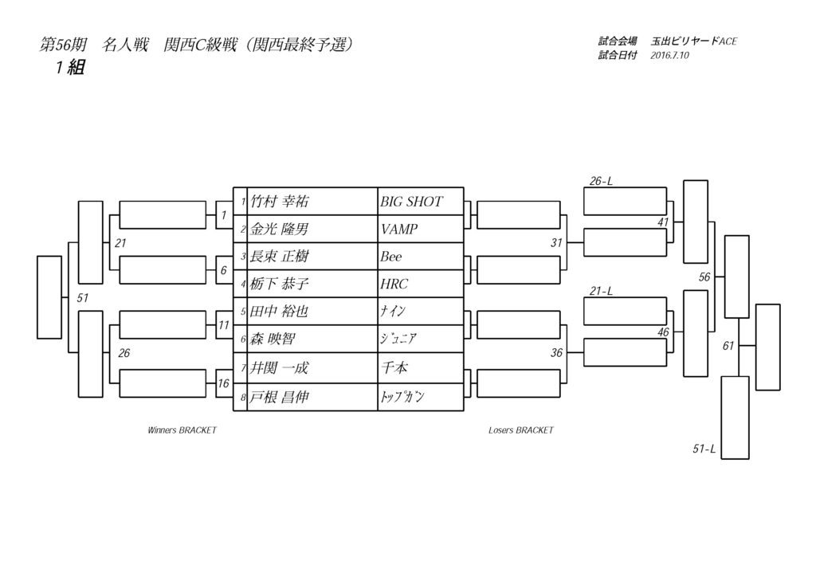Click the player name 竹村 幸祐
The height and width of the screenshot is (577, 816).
280,202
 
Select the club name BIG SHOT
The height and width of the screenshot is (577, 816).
411,202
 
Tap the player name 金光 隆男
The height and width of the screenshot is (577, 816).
280,230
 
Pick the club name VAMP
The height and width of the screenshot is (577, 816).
399,230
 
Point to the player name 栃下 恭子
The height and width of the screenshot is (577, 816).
280,285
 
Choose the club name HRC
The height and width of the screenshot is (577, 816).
394,285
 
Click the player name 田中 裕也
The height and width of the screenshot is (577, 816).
280,312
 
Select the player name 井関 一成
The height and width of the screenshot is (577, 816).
280,367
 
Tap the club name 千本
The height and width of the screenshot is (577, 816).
394,367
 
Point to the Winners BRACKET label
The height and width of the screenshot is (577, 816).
182,430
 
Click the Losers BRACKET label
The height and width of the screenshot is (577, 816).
520,430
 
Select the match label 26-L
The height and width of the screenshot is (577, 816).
601,182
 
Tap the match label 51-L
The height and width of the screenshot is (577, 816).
704,449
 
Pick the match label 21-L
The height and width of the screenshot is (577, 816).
601,292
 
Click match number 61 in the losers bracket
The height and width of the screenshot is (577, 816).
728,346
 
